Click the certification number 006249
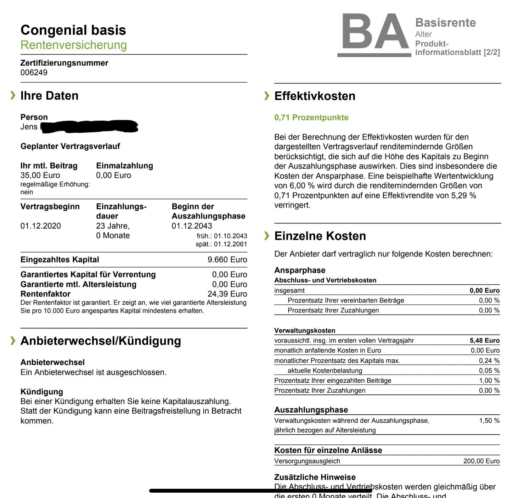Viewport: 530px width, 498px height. (34, 72)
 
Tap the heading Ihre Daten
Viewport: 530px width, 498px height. (49, 96)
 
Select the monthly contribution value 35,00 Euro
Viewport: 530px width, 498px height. (40, 175)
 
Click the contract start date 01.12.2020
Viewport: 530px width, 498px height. (40, 226)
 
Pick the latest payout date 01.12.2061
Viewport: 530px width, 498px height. (230, 244)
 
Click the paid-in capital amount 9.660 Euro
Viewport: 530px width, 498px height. (227, 260)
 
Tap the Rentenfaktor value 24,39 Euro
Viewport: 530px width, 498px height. (227, 294)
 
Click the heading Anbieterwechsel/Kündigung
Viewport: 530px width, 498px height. (101, 341)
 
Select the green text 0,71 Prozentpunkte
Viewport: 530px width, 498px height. (311, 118)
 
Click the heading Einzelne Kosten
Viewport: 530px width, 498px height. (320, 236)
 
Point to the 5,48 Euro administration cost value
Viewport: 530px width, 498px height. (484, 341)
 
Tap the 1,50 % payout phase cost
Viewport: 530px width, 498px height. (489, 421)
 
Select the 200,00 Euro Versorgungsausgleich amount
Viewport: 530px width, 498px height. (481, 461)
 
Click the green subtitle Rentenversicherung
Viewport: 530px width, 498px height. (74, 45)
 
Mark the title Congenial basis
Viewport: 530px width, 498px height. (73, 30)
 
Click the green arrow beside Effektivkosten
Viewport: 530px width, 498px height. (267, 96)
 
